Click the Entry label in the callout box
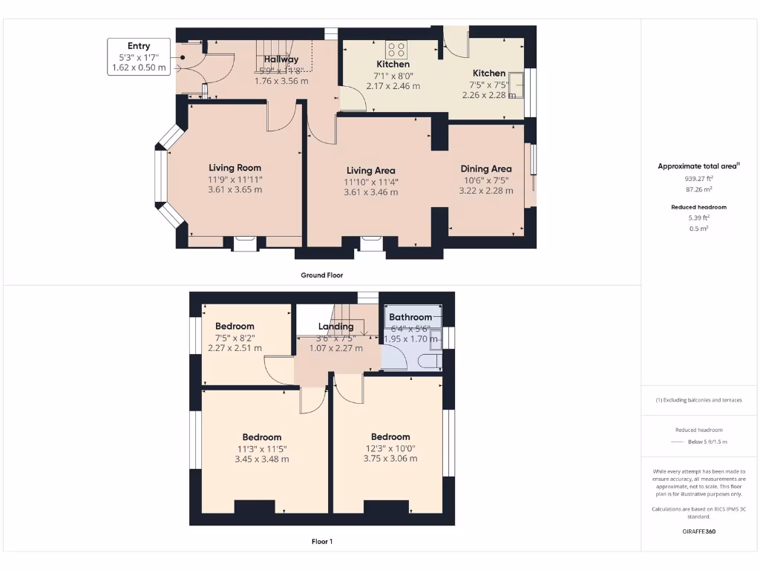pyautogui.click(x=139, y=46)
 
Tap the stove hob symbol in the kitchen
pyautogui.click(x=396, y=50)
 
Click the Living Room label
pyautogui.click(x=235, y=168)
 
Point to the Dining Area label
pyautogui.click(x=486, y=168)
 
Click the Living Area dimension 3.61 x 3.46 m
pyautogui.click(x=370, y=192)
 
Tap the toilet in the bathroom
pyautogui.click(x=430, y=361)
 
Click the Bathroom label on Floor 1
pyautogui.click(x=410, y=317)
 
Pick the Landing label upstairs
pyautogui.click(x=335, y=327)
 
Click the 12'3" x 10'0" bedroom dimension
pyautogui.click(x=390, y=448)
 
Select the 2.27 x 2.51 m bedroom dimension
pyautogui.click(x=235, y=348)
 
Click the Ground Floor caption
pyautogui.click(x=321, y=275)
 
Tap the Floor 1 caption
pyautogui.click(x=321, y=542)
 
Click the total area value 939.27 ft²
pyautogui.click(x=700, y=179)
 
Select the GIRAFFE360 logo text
pyautogui.click(x=699, y=531)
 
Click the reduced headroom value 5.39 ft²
pyautogui.click(x=699, y=218)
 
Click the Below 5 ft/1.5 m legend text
pyautogui.click(x=707, y=442)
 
